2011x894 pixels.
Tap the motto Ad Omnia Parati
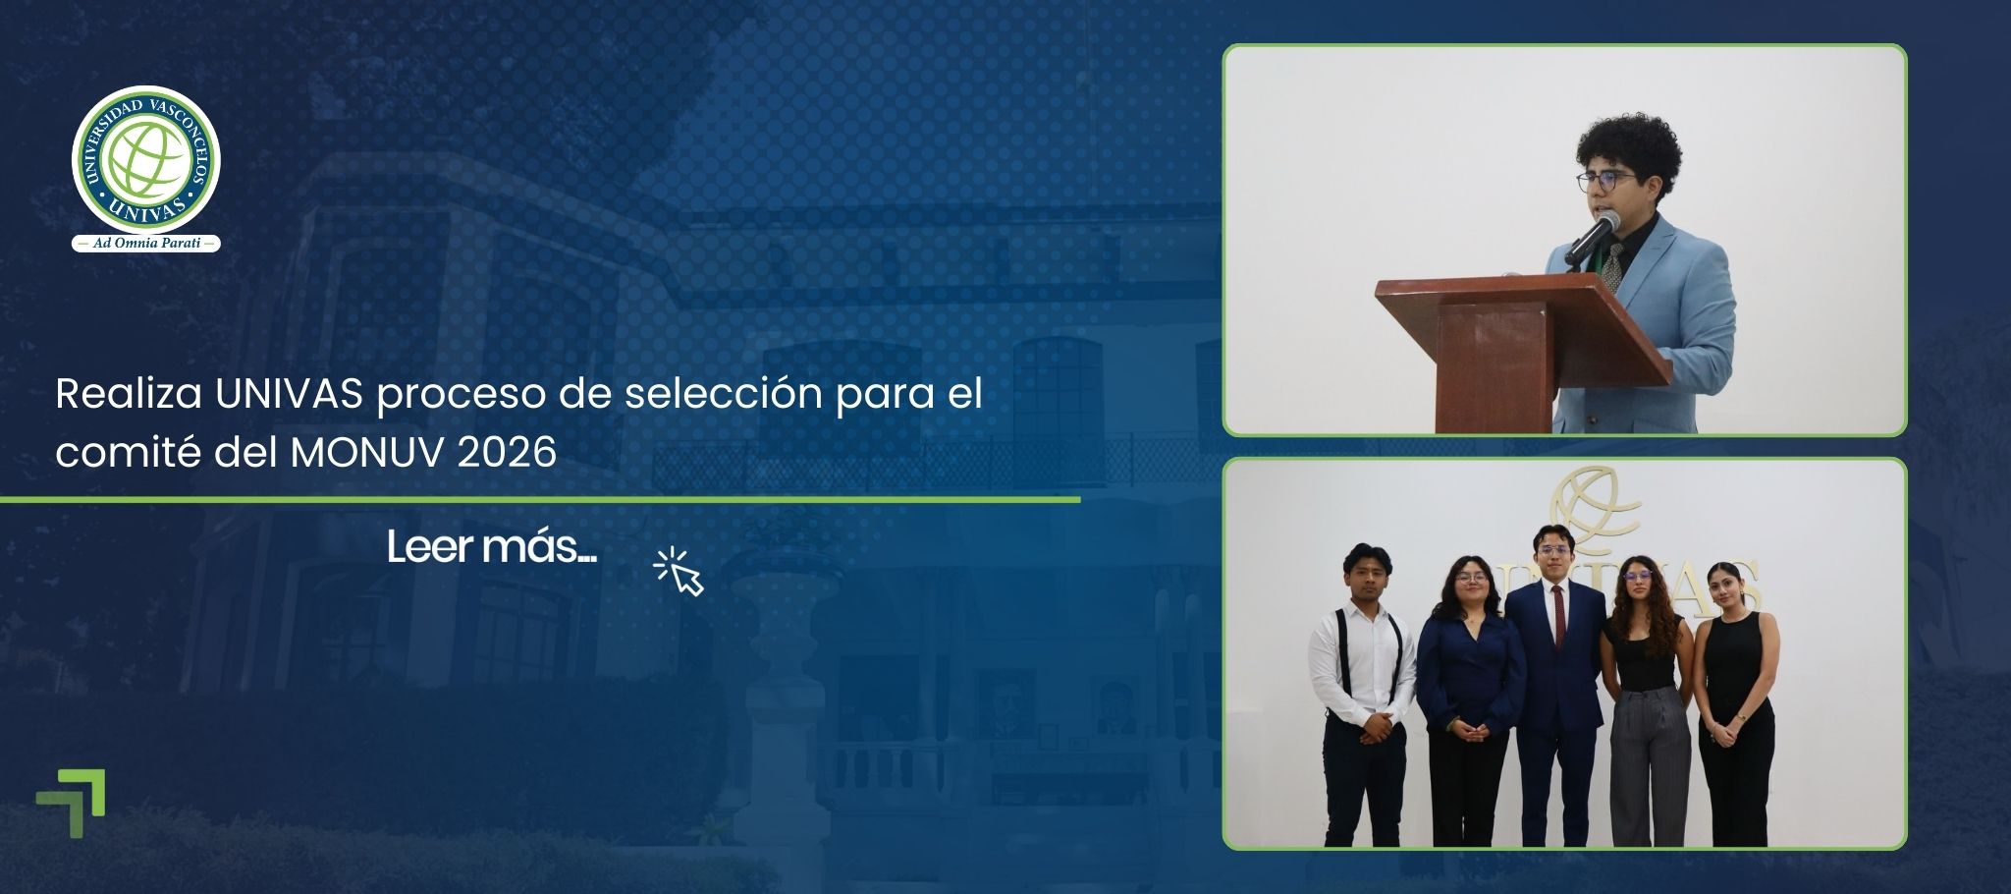(145, 243)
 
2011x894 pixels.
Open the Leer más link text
(491, 548)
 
